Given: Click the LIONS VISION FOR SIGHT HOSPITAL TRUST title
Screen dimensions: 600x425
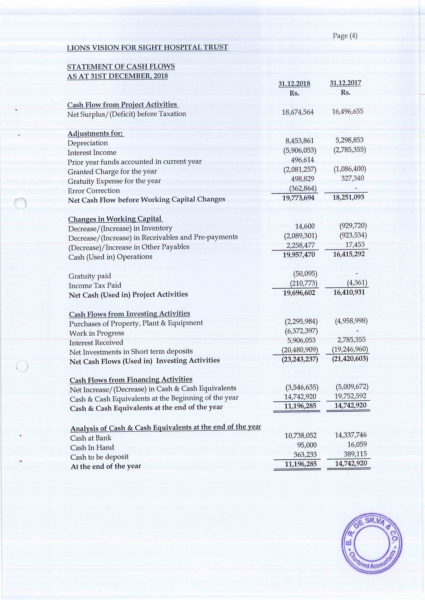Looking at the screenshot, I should point(147,48).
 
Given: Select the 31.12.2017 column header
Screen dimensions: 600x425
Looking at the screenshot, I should point(345,83).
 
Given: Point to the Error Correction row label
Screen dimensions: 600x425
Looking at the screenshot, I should point(94,191).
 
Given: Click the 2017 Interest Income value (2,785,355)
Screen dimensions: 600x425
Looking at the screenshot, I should point(349,150).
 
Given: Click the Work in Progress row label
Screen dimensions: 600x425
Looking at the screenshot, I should point(97,333).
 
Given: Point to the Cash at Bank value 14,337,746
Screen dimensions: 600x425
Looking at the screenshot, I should point(351,435).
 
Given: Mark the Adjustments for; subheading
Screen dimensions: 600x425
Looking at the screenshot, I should point(96,133).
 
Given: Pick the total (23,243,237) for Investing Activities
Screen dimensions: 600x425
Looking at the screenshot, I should point(300,359).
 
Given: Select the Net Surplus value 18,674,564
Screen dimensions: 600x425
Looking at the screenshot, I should point(297,112).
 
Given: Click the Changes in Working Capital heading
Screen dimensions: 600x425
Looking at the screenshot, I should point(115,219).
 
